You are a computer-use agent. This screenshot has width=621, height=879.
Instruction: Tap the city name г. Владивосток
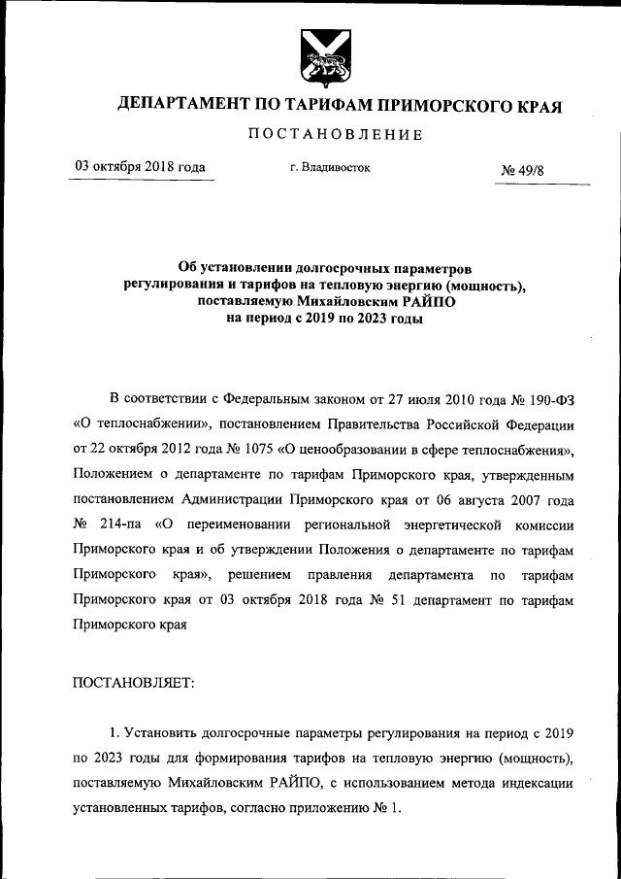tap(330, 167)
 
